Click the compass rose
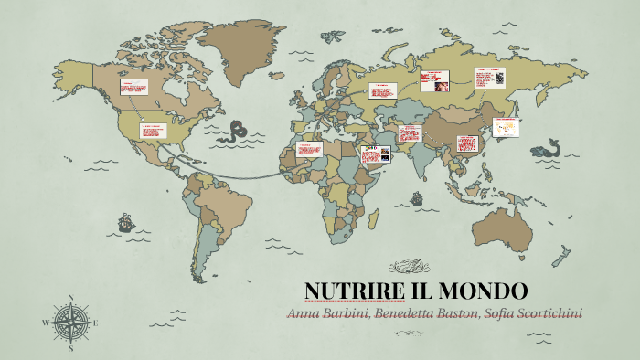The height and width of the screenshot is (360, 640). pyautogui.click(x=70, y=323)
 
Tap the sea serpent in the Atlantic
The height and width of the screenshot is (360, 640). pyautogui.click(x=240, y=129)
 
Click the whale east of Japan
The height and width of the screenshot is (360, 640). pyautogui.click(x=549, y=146)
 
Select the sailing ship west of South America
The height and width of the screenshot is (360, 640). pyautogui.click(x=124, y=222)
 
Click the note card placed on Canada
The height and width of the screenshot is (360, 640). pyautogui.click(x=133, y=88)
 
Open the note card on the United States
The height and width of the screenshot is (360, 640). pyautogui.click(x=151, y=131)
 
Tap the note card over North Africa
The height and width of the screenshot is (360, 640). pyautogui.click(x=309, y=149)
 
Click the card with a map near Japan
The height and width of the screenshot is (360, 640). pyautogui.click(x=506, y=127)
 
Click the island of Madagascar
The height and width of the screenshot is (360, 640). pyautogui.click(x=374, y=218)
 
